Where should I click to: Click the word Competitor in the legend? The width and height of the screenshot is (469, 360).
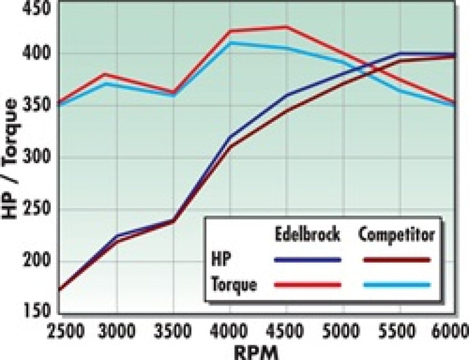(396, 234)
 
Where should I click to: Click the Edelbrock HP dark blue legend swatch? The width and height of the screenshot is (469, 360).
(307, 259)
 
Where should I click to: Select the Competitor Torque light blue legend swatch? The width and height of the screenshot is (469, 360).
(397, 284)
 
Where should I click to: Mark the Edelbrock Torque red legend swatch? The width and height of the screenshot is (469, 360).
(307, 284)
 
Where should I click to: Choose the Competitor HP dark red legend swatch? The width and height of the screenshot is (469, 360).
(397, 259)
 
